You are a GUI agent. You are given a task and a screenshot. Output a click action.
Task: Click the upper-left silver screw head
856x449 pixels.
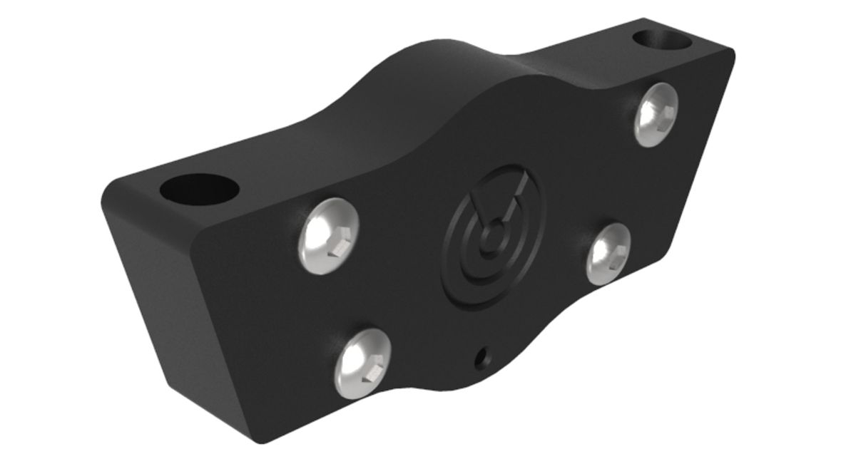coord(328,235)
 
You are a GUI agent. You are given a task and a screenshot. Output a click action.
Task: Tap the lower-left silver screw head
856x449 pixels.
coord(363,363)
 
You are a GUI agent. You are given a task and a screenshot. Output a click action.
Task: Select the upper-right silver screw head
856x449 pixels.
coord(656,115)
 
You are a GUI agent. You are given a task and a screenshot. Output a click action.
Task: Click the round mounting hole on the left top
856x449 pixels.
coord(198,189)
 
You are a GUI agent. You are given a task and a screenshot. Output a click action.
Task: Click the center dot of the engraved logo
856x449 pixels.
coord(490,234)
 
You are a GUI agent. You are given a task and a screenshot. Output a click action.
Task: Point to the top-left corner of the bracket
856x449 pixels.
coord(107,189)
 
